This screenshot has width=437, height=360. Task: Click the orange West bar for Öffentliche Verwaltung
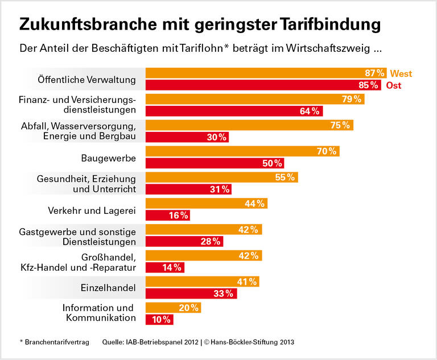click(x=266, y=73)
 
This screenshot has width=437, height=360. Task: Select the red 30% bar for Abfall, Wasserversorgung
click(x=187, y=137)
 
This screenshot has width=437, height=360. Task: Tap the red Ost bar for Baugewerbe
click(x=215, y=163)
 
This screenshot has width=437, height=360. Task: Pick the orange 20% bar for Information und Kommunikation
click(x=173, y=308)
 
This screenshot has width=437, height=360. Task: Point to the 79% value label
click(x=351, y=100)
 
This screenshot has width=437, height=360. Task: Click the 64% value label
click(x=310, y=111)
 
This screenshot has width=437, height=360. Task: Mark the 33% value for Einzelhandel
click(x=224, y=293)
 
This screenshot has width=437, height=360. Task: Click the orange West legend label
click(x=401, y=74)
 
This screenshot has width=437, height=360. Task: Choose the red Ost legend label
click(x=394, y=86)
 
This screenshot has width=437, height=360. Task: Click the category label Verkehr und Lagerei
click(x=92, y=210)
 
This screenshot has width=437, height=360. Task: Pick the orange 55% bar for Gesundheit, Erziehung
click(x=221, y=177)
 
